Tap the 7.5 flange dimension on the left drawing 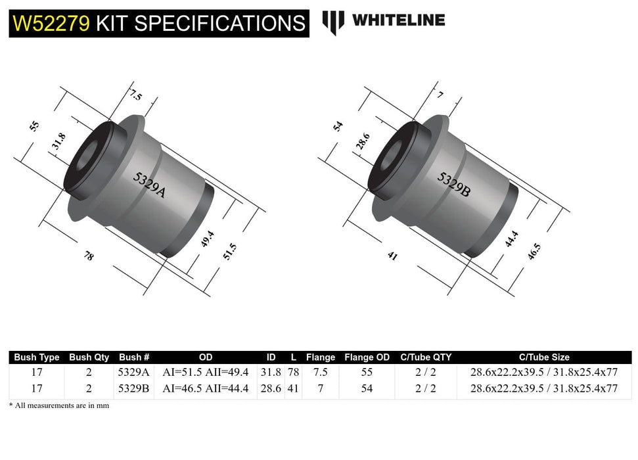pyautogui.click(x=135, y=96)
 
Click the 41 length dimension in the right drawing pyautogui.click(x=393, y=256)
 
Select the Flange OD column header pyautogui.click(x=367, y=357)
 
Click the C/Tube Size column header pyautogui.click(x=544, y=357)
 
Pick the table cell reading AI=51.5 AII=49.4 pyautogui.click(x=206, y=372)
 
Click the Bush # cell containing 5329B pyautogui.click(x=134, y=388)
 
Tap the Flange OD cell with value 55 pyautogui.click(x=367, y=372)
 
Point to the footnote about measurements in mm pyautogui.click(x=59, y=405)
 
